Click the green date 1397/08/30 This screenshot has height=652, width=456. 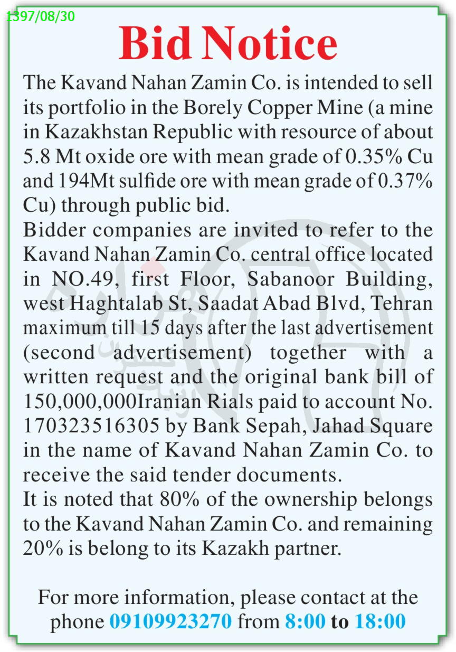(41, 16)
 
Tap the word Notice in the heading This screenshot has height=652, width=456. (269, 44)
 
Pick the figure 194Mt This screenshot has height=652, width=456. (81, 181)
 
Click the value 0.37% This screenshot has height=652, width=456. (405, 181)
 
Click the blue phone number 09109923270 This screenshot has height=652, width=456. (170, 621)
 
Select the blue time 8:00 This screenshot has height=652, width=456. (305, 621)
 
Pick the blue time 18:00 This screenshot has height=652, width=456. (380, 621)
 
